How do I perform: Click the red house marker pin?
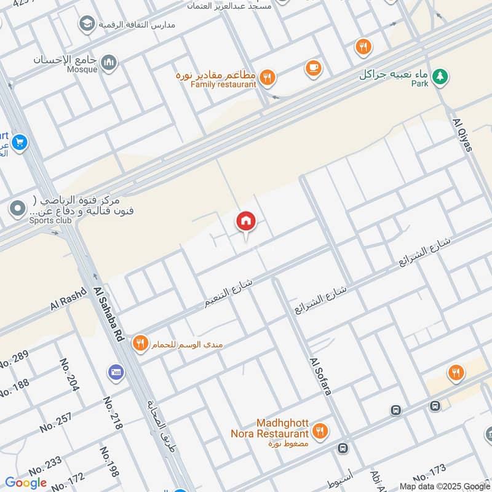pos(246,221)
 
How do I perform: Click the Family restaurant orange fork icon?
pos(267,77)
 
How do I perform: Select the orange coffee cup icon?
pos(314,68)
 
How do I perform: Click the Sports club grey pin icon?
pos(17,208)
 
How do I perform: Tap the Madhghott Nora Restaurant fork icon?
pos(319,430)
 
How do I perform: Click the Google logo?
pos(26,483)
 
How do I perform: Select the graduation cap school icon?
pos(87,25)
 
